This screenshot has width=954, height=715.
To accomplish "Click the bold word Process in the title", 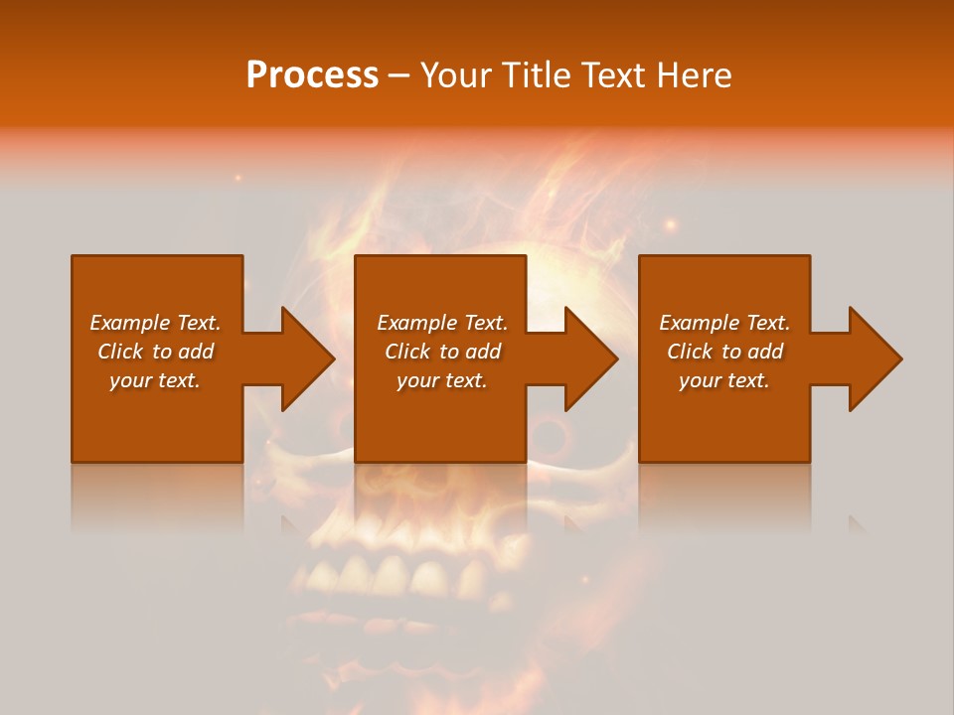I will pyautogui.click(x=312, y=75).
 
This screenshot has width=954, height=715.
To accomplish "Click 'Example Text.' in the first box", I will pyautogui.click(x=155, y=323).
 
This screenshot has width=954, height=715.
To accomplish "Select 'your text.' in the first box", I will pyautogui.click(x=155, y=380).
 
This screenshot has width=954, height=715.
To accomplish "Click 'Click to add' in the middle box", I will pyautogui.click(x=442, y=352).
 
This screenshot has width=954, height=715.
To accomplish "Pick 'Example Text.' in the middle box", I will pyautogui.click(x=442, y=323).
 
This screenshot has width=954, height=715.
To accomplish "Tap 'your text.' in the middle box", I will pyautogui.click(x=442, y=380).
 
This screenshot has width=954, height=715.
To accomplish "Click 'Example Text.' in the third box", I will pyautogui.click(x=724, y=323).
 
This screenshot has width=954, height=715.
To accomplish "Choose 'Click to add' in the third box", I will pyautogui.click(x=724, y=352).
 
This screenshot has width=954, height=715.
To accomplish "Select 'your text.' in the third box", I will pyautogui.click(x=724, y=380).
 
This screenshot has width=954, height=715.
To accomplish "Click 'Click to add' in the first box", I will pyautogui.click(x=155, y=352).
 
